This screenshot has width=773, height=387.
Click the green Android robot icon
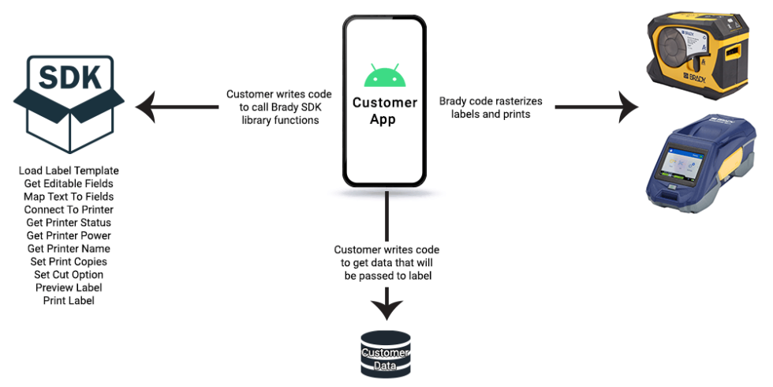[x=384, y=76]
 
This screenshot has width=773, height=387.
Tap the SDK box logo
[x=69, y=102]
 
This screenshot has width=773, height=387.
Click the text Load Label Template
[x=69, y=171]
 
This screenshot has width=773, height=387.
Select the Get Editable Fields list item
[x=69, y=183]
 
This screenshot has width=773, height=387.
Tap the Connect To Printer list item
[x=69, y=209]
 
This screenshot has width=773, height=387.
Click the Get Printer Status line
[x=69, y=223]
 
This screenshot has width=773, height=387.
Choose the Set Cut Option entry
[x=69, y=275]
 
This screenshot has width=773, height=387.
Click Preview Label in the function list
[x=69, y=287]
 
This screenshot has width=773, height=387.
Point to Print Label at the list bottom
[x=69, y=301]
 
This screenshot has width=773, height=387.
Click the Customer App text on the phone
[x=385, y=111]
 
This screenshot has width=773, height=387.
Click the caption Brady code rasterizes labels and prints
[x=491, y=107]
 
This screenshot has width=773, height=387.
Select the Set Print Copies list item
[x=69, y=261]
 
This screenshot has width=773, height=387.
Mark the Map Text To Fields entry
[x=69, y=197]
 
